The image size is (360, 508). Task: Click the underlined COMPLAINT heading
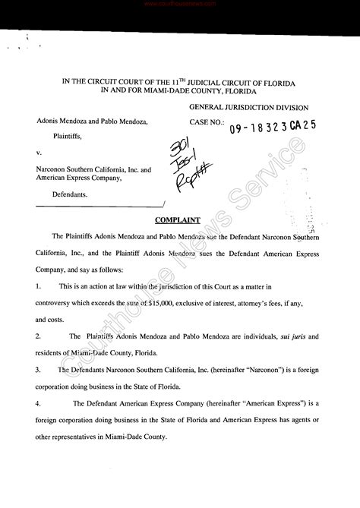click(x=177, y=220)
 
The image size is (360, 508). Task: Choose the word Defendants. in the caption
click(x=70, y=195)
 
